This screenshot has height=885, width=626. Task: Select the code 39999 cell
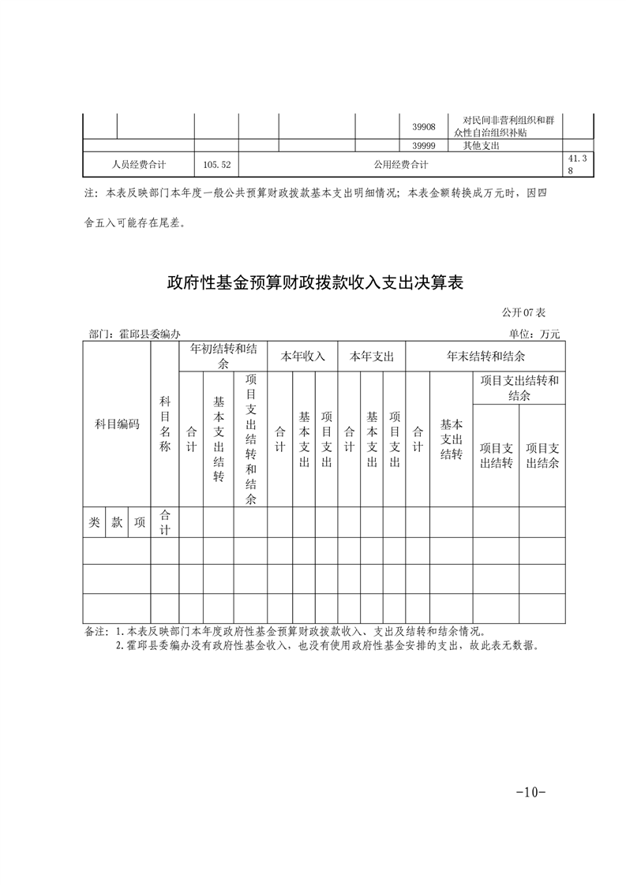click(x=424, y=146)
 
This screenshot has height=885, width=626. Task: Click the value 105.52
click(x=216, y=165)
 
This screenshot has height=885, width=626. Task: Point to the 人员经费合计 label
click(x=139, y=165)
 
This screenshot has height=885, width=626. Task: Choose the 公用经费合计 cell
click(x=401, y=165)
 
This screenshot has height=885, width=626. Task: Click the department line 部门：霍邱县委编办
click(x=136, y=334)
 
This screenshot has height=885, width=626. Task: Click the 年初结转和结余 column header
click(x=223, y=356)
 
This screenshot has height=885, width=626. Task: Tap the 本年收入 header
click(x=303, y=357)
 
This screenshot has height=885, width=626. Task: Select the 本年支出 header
click(x=372, y=357)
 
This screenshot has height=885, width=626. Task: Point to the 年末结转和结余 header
click(x=486, y=357)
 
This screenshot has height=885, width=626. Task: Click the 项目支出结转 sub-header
click(x=497, y=455)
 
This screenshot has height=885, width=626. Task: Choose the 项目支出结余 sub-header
click(x=542, y=455)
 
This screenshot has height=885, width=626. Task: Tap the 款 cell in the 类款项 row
click(x=117, y=522)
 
